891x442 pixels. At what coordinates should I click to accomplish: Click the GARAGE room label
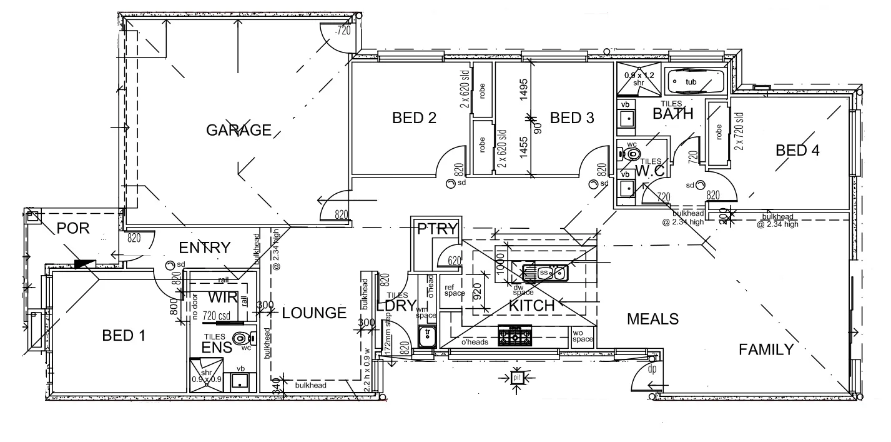pos(239,130)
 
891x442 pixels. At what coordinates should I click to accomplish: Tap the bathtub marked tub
pos(694,81)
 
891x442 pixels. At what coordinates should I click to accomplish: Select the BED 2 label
pos(413,118)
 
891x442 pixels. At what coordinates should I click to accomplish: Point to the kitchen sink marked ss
pos(544,273)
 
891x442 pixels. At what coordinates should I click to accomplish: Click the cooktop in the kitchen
pos(514,337)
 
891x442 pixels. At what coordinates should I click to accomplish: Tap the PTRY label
pos(437,228)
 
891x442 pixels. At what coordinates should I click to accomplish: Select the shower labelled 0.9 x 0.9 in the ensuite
pos(206,374)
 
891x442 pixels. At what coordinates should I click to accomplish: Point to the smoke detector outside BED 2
pos(451,184)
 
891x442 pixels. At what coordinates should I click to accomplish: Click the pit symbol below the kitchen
pos(516,378)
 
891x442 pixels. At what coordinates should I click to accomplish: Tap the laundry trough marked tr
pos(427,336)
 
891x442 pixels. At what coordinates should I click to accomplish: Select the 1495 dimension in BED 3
pos(524,90)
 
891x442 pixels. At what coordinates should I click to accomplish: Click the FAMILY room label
pos(765,349)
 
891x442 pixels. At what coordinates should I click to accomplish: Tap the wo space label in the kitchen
pos(582,336)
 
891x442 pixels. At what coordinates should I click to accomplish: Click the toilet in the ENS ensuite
pos(240,339)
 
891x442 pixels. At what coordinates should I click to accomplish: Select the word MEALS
pos(652,319)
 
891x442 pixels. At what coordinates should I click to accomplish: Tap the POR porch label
pos(73,228)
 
